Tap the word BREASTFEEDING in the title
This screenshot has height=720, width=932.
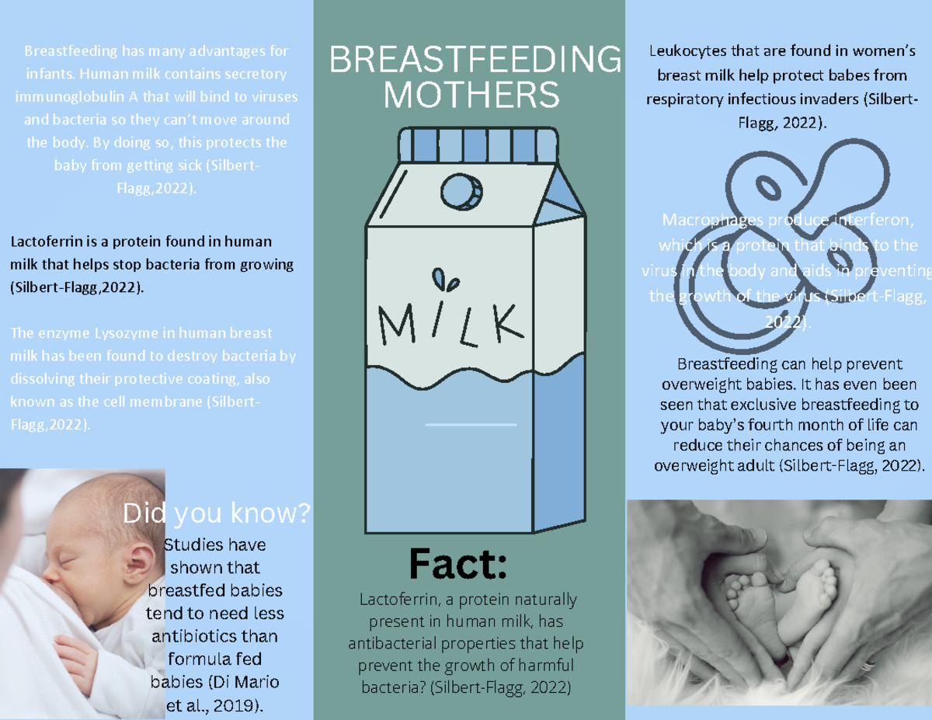475,61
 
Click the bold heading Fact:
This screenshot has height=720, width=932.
458,564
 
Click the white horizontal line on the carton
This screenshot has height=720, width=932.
471,425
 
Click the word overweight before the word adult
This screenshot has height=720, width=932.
693,466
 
